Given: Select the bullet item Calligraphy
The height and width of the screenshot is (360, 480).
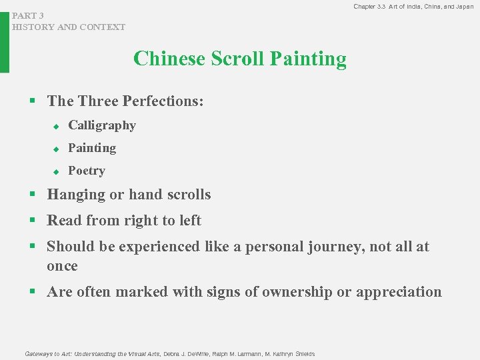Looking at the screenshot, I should point(102,125).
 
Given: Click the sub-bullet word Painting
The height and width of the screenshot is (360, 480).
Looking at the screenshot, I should point(92,148).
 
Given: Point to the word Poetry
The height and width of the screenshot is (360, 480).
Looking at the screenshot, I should point(87,171).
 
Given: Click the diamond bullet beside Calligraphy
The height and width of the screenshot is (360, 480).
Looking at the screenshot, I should point(57,126).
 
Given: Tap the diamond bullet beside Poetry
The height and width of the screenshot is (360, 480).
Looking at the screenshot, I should point(57,171).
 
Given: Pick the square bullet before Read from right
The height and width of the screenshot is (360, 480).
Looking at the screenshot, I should point(31,221).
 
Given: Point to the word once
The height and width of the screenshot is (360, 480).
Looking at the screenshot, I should point(62,266).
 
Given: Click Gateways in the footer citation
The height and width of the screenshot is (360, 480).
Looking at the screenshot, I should point(39,353).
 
